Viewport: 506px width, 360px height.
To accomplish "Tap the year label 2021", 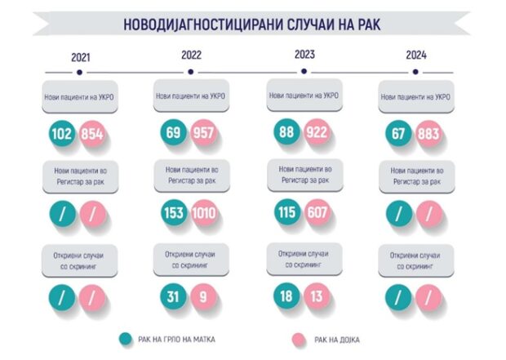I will click(x=81, y=58).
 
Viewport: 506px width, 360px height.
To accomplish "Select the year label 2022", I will click(x=192, y=56).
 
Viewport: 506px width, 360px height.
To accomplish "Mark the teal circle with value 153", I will click(x=173, y=215).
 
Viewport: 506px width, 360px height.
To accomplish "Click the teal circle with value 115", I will click(x=286, y=212).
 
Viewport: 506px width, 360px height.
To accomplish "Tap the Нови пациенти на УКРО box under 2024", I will click(x=415, y=96).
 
